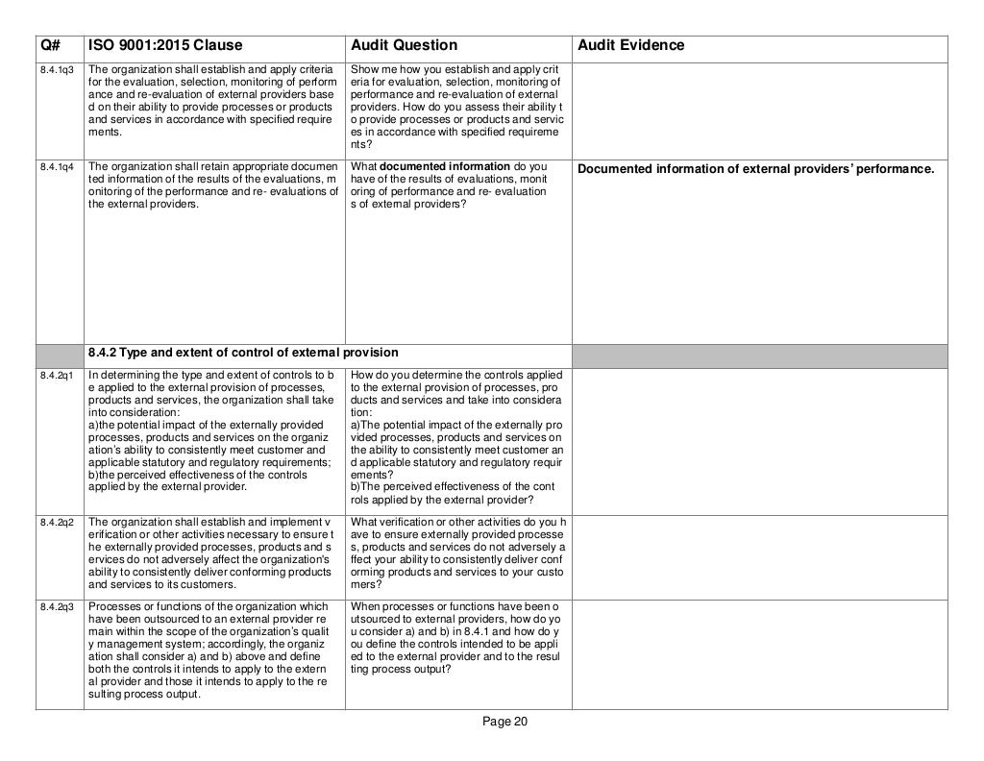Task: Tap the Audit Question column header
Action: pyautogui.click(x=404, y=46)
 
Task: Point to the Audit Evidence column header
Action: pyautogui.click(x=630, y=46)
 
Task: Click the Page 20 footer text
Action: pyautogui.click(x=504, y=724)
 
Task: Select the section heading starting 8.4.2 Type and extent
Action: pyautogui.click(x=242, y=351)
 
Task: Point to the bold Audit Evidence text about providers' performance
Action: pyautogui.click(x=754, y=170)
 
